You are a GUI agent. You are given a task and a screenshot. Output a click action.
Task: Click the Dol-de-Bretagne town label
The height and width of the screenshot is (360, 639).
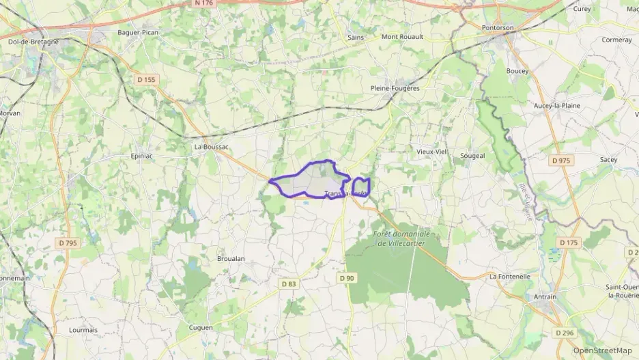[33, 41]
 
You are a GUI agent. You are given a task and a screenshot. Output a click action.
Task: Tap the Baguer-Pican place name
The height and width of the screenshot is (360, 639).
[138, 32]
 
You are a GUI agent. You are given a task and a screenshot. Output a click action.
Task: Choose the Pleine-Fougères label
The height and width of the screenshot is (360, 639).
[395, 88]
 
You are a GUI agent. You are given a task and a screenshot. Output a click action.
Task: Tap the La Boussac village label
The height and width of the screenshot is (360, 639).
[211, 146]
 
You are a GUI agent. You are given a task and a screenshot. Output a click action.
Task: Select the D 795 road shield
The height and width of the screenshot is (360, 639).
[68, 243]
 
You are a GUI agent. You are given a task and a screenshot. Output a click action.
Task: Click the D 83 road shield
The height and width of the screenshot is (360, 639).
[289, 283]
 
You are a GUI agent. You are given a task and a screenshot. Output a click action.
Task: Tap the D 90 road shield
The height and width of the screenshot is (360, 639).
[347, 277]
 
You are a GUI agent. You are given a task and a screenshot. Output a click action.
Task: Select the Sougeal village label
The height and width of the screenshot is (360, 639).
[472, 156]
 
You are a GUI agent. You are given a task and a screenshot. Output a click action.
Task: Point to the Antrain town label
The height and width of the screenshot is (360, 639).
[543, 297]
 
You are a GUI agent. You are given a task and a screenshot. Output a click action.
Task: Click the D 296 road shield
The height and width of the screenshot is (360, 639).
[564, 333]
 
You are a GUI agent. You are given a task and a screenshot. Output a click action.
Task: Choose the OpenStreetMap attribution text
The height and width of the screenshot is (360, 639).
[602, 350]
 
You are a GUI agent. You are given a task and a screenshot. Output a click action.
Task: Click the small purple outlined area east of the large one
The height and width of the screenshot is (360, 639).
[361, 187]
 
